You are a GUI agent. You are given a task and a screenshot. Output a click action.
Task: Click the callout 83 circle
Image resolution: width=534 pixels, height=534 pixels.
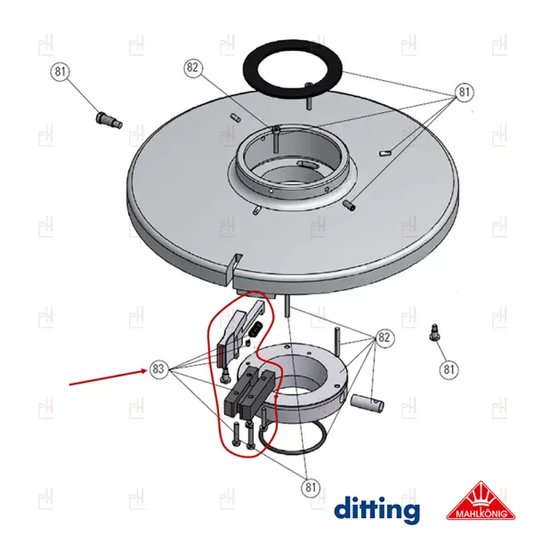coord(158,368)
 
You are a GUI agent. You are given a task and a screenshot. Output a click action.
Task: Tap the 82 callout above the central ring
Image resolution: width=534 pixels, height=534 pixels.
coord(193,68)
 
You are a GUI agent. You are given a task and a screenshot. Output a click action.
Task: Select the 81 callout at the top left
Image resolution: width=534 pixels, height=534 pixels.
coord(60,71)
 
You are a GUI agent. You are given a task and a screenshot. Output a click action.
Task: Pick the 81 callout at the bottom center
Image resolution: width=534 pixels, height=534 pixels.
coord(311,488)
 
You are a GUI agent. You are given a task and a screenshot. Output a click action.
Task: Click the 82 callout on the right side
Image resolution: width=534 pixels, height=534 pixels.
coord(384,337)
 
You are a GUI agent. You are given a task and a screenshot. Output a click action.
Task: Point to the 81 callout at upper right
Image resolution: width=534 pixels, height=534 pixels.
coord(465,92)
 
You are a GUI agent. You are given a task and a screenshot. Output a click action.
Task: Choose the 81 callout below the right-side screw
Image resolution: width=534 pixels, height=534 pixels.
coord(449,369)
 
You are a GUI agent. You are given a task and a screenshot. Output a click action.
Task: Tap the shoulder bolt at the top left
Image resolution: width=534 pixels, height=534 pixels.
coord(108,120)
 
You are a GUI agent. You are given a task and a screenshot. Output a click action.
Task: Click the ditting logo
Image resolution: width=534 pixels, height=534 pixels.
coord(376,510)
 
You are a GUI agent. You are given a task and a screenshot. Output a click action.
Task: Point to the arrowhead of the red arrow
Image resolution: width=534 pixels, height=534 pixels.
coord(146,371)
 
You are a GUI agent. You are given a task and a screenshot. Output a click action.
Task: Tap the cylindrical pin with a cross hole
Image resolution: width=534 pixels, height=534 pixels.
coord(367,402)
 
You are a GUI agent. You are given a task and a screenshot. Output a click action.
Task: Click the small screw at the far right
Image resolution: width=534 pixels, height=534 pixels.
coord(434,332)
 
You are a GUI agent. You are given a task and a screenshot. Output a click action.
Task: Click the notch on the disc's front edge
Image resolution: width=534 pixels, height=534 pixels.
coord(235,265)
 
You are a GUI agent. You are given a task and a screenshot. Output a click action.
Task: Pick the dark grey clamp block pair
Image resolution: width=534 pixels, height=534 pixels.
coord(249,392)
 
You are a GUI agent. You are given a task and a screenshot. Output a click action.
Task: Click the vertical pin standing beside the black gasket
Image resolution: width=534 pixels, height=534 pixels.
coord(309,97)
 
